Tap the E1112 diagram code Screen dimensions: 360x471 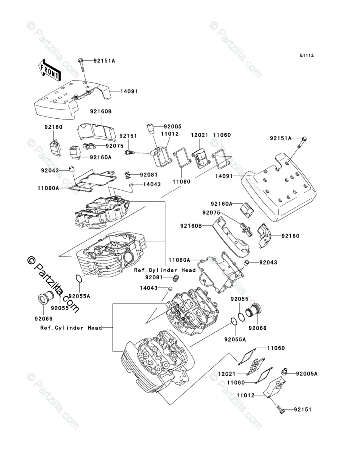point(307,55)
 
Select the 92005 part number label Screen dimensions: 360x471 point(172,127)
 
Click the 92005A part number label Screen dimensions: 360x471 point(306,374)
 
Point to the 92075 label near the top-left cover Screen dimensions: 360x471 point(114,146)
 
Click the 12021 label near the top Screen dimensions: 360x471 point(200,135)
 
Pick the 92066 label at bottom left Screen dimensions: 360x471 point(43,319)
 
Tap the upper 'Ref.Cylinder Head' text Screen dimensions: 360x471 point(165,270)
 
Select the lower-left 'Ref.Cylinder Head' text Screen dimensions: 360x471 point(71,328)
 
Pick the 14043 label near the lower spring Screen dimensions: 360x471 point(149,288)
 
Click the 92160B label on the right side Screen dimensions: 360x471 point(191,225)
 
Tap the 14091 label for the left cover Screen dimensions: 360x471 point(129,91)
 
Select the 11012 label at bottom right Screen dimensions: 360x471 point(246,395)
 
